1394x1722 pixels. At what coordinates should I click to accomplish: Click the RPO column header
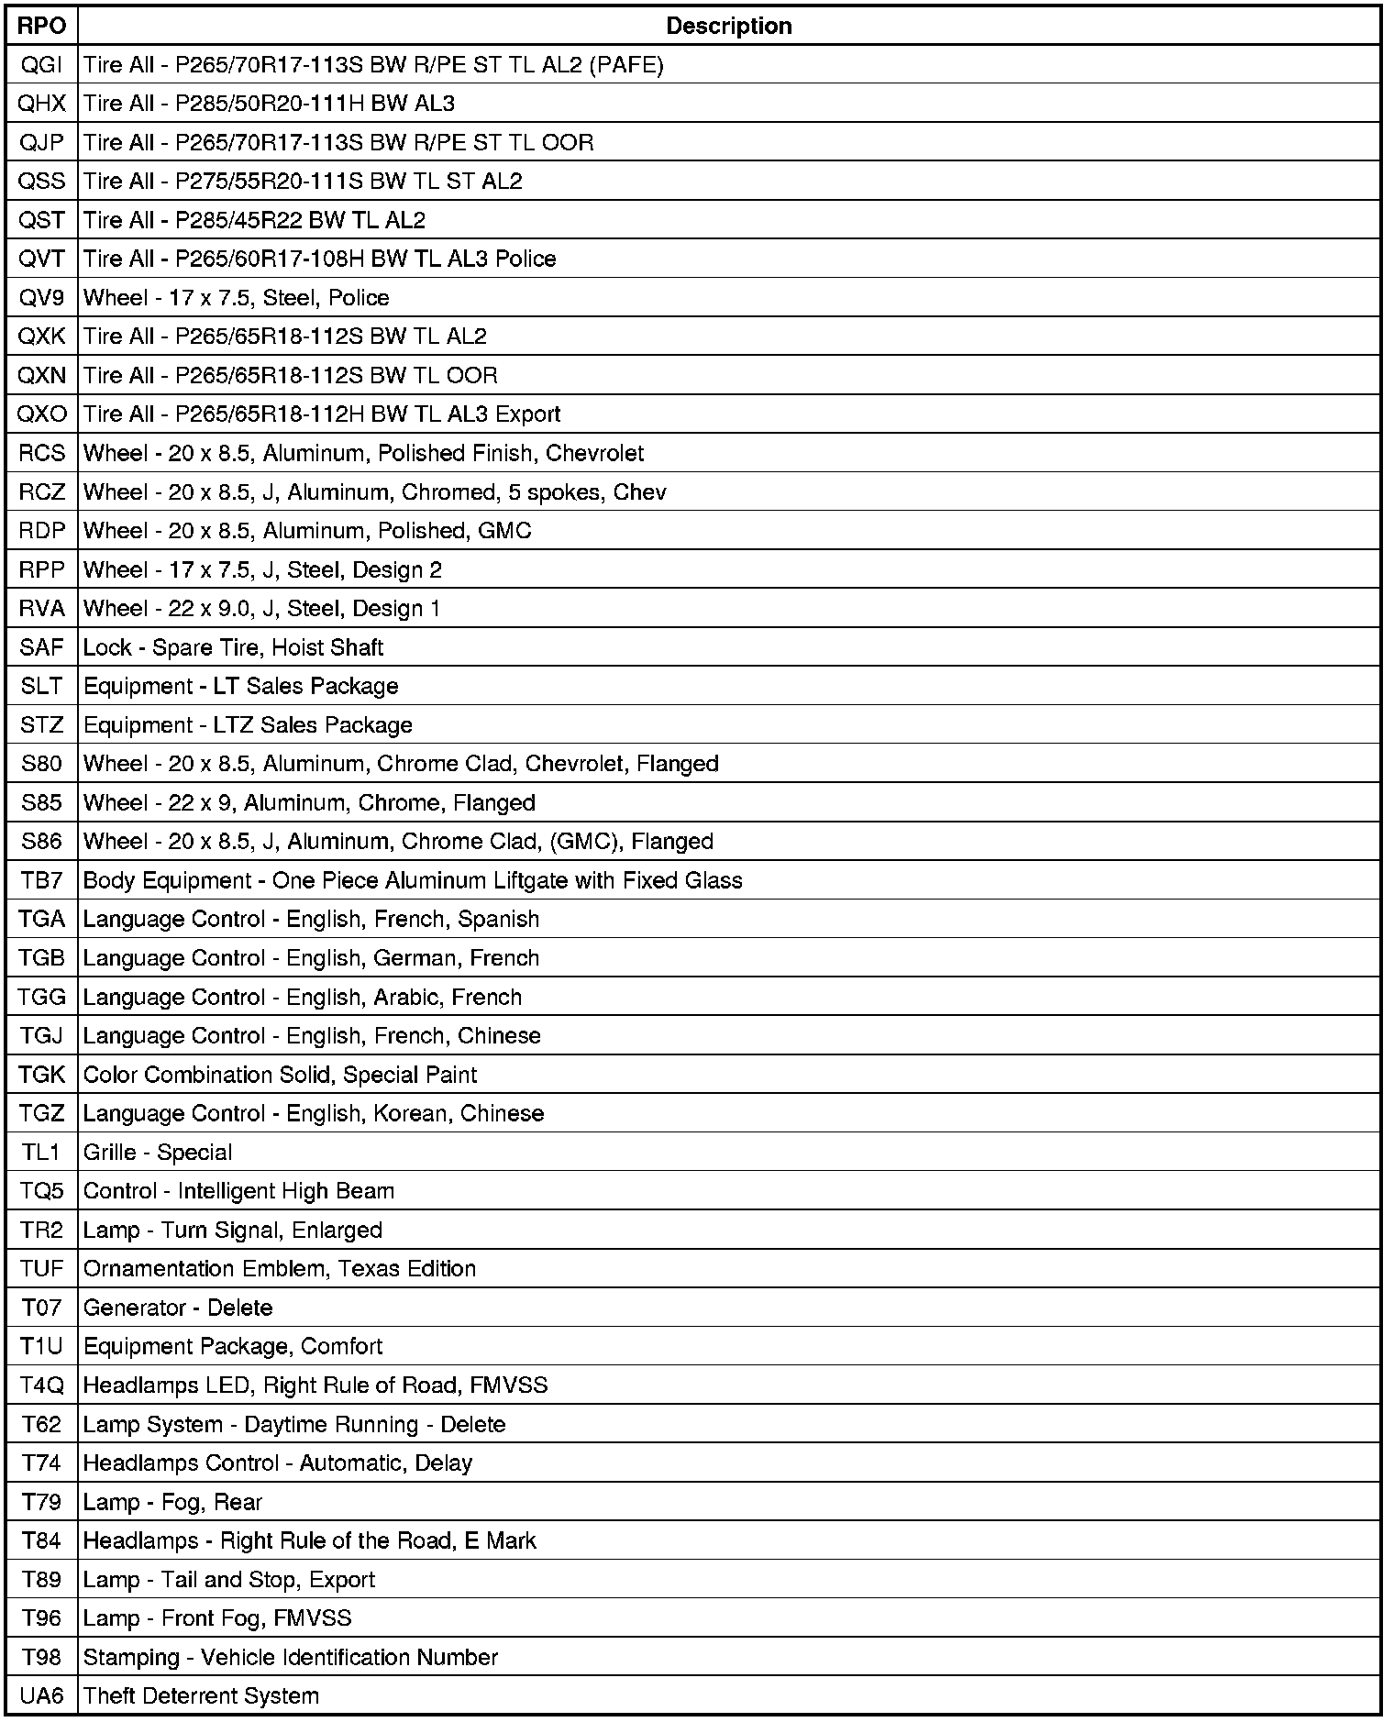tap(42, 26)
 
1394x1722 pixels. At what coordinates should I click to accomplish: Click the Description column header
tap(729, 26)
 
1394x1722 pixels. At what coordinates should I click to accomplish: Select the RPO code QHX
tap(42, 104)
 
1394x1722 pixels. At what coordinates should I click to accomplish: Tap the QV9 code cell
tap(42, 298)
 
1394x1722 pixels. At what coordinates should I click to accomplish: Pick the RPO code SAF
tap(42, 647)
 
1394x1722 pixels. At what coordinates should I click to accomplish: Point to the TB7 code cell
tap(42, 880)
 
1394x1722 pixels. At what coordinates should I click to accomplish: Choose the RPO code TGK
tap(42, 1075)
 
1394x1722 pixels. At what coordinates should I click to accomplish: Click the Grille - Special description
tap(158, 1153)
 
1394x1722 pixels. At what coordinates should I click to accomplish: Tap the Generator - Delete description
tap(178, 1308)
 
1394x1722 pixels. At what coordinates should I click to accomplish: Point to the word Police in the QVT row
tap(526, 259)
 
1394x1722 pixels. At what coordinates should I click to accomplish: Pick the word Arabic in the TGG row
tap(402, 997)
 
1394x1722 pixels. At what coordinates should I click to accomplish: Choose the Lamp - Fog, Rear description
tap(172, 1502)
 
